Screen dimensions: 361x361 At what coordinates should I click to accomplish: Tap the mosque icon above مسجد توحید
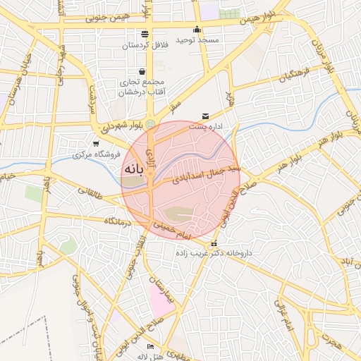click(x=197, y=30)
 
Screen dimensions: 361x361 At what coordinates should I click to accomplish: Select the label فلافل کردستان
click(x=145, y=45)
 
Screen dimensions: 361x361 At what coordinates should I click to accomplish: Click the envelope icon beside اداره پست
click(x=206, y=116)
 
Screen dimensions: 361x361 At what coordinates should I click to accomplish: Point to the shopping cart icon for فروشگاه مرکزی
click(x=96, y=143)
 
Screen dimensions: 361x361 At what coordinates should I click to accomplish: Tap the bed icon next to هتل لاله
click(x=150, y=347)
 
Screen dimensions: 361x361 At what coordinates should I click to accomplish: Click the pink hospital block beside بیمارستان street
click(x=161, y=300)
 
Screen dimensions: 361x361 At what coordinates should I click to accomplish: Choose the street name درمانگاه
click(x=119, y=221)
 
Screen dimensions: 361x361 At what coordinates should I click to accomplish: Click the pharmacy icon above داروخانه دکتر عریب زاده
click(x=214, y=244)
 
